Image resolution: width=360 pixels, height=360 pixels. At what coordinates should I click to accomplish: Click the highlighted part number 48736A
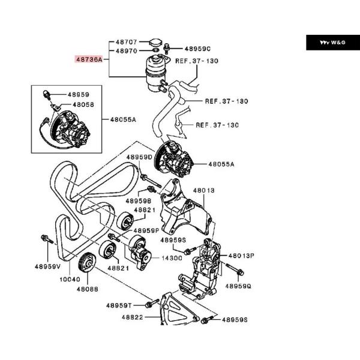click(89, 60)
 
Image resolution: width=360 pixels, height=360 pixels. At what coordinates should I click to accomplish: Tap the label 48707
click(126, 43)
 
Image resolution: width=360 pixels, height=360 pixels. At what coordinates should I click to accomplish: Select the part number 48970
click(126, 52)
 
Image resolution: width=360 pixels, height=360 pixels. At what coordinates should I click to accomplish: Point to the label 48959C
click(197, 49)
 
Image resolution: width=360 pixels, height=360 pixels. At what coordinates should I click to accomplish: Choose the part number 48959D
click(139, 158)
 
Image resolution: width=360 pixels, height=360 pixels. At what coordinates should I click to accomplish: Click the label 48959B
click(138, 200)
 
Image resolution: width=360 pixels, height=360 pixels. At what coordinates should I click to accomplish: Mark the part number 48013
click(203, 190)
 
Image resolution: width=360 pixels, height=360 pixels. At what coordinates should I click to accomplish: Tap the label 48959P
click(146, 230)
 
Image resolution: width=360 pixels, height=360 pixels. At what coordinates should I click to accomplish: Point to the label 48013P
click(241, 255)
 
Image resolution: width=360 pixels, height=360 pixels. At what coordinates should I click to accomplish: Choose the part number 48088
click(87, 289)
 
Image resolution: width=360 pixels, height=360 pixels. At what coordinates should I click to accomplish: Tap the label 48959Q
click(238, 286)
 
